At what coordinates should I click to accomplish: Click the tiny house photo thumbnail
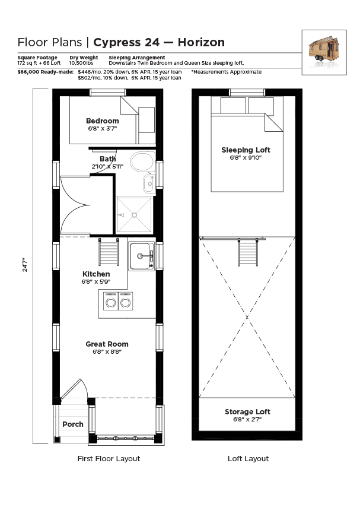click(x=324, y=52)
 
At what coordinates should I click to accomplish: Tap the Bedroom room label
click(x=103, y=121)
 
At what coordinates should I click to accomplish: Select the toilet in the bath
click(x=143, y=161)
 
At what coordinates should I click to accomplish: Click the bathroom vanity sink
click(x=149, y=183)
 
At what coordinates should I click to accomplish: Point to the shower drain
click(x=134, y=215)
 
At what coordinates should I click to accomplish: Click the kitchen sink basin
click(x=141, y=256)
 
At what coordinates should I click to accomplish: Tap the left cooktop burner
click(x=110, y=303)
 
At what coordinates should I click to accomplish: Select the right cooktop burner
click(x=126, y=303)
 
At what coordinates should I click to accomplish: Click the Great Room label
click(x=107, y=344)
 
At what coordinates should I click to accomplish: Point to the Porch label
click(x=73, y=424)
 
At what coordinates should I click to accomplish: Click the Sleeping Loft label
click(x=246, y=150)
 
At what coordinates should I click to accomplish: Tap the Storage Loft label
click(x=248, y=412)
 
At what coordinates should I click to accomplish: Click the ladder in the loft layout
click(x=248, y=252)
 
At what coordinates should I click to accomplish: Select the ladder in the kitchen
click(x=109, y=252)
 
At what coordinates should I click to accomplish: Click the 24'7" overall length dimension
click(x=25, y=265)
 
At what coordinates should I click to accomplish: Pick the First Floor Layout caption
click(x=109, y=459)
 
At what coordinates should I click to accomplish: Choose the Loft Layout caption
click(x=248, y=459)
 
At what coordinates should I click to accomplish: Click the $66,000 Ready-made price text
click(x=46, y=72)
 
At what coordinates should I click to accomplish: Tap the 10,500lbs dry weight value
click(x=81, y=63)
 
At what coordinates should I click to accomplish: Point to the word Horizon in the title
click(x=202, y=43)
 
